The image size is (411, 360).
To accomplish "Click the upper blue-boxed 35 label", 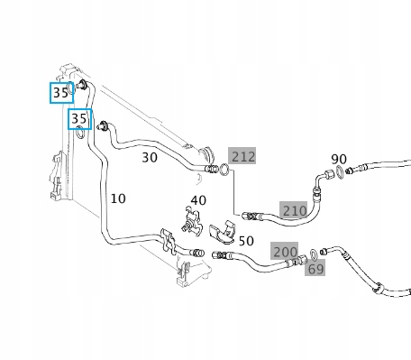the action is coord(61,93).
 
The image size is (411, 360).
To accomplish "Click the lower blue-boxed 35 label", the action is coord(80,119).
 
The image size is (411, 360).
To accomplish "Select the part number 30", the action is coord(150,158).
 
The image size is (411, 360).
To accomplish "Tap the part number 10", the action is coord(118,198).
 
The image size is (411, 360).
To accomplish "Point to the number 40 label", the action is coord(198,200).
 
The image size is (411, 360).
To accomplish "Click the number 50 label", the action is coord(246,241).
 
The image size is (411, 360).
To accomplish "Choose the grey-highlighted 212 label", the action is coord(242,156).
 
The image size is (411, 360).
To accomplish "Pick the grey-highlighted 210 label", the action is coord(294,210).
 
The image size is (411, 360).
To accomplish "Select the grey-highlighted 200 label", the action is coord(285,251).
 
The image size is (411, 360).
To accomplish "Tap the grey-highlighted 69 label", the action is coord(315,268).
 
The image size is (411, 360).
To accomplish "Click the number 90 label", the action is coord(339,159).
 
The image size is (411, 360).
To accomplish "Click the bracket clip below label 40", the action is coord(191,221).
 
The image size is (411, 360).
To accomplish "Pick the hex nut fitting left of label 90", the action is coord(327,174).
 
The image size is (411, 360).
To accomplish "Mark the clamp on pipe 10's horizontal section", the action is coord(169,241).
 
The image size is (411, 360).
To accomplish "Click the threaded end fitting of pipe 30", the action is coord(212,169).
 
